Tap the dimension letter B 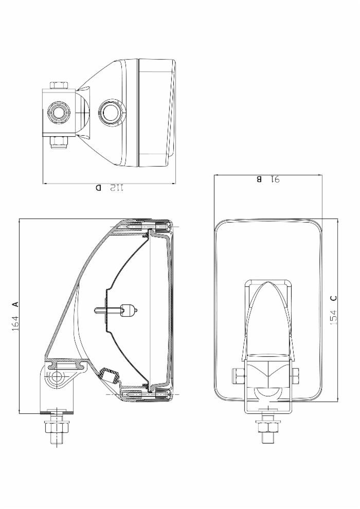click(x=259, y=179)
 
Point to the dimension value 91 click(x=274, y=179)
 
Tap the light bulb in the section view click(x=129, y=310)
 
